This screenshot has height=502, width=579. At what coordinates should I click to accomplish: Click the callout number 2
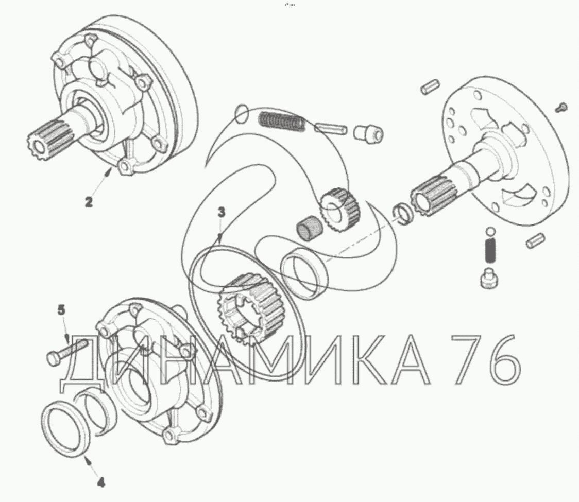(x=89, y=202)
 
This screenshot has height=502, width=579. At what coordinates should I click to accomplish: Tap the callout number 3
(x=221, y=213)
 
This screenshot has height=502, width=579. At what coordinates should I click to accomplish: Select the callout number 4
(x=101, y=482)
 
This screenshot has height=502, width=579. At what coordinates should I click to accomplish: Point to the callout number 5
(x=61, y=310)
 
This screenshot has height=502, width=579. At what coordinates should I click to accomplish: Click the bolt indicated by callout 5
(x=66, y=352)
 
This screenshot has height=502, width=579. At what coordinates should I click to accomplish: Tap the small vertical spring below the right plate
(x=490, y=250)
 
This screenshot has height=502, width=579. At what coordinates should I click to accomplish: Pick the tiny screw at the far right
(x=561, y=107)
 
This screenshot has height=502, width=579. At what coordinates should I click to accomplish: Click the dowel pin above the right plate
(x=430, y=86)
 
